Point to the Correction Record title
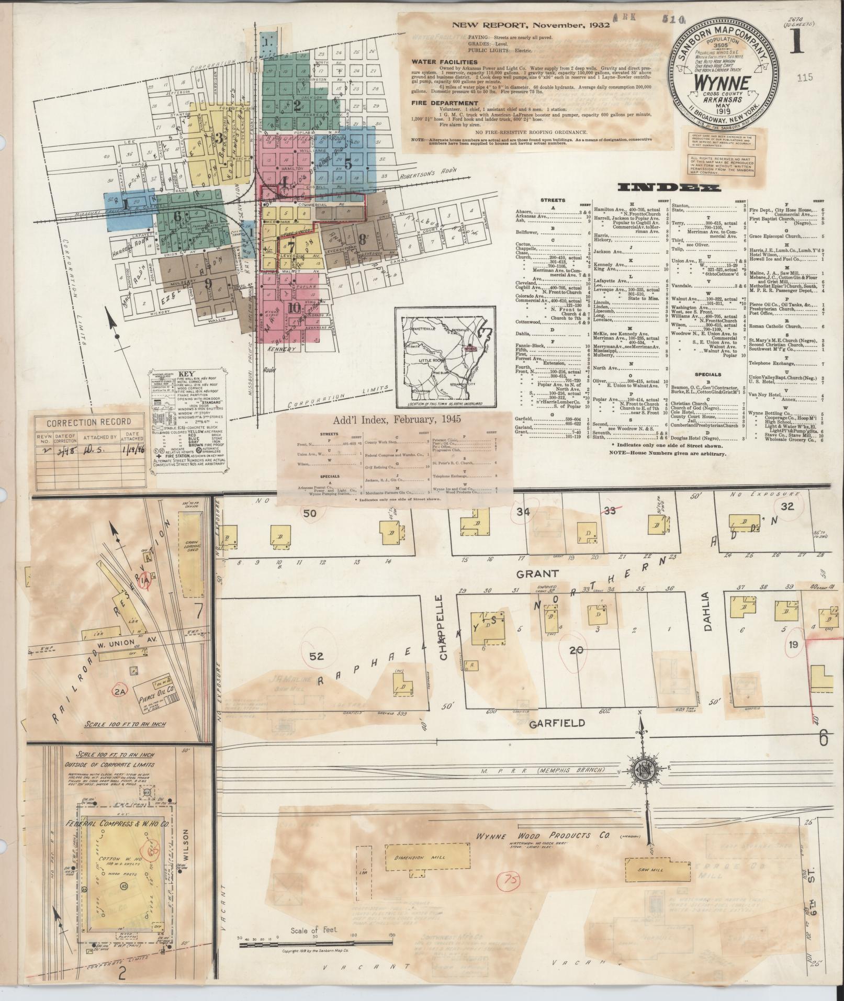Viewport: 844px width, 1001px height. [x=89, y=422]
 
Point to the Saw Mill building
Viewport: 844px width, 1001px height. [x=649, y=870]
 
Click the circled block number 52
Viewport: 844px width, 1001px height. [x=317, y=656]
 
